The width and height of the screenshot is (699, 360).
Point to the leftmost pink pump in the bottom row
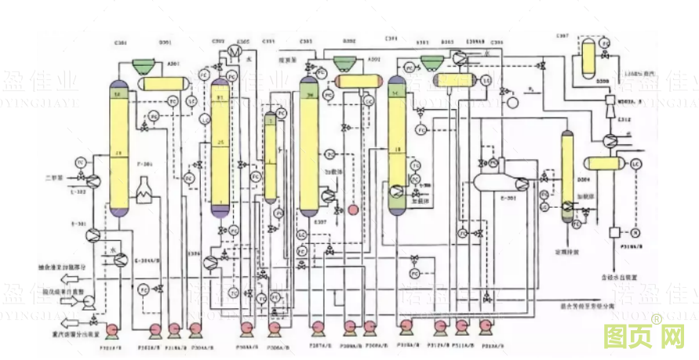click(x=111, y=329)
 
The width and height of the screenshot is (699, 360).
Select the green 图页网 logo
click(x=643, y=337)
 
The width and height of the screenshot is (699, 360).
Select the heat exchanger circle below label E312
click(x=609, y=140)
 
